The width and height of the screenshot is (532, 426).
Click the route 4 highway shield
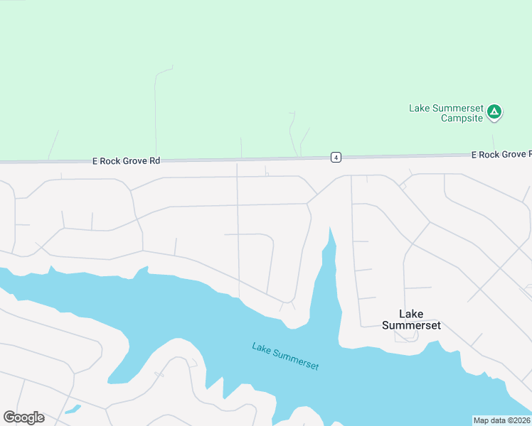336,157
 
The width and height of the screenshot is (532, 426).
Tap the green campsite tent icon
495,111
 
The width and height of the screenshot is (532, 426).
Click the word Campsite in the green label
462,118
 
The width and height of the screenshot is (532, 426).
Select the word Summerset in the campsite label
456,109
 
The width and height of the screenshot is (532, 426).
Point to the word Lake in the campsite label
418,109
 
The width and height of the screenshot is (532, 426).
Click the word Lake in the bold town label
411,314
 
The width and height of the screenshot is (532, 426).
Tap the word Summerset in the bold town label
411,326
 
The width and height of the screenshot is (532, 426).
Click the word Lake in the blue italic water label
262,347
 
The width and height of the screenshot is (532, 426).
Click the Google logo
23,417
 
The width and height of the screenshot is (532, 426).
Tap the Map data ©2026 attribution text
502,420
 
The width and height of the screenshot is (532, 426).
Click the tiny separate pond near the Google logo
73,410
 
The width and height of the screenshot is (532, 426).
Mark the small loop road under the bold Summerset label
407,337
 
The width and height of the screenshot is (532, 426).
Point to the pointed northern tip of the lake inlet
329,229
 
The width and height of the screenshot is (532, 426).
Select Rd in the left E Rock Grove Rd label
154,161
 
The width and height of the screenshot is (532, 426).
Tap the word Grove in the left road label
136,161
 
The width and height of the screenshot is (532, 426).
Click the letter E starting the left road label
95,161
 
